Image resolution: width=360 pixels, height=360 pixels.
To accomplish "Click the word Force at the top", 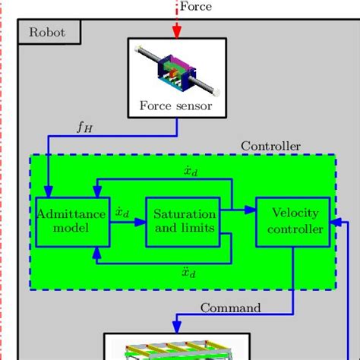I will (195, 7).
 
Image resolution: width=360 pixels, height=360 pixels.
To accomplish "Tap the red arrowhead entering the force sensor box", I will (177, 33).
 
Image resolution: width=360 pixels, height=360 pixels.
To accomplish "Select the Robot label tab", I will (47, 32).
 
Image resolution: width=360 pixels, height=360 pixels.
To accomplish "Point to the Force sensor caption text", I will (176, 106).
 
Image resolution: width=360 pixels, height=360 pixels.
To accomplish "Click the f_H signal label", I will (84, 128).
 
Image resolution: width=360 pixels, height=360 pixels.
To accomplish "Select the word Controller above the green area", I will (270, 146).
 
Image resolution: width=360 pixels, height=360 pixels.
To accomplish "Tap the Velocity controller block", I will (292, 221).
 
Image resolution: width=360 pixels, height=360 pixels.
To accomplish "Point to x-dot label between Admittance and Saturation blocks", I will (122, 213).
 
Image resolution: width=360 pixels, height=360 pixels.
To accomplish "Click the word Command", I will (230, 308).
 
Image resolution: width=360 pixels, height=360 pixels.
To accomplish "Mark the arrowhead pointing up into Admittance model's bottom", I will (95, 251).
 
